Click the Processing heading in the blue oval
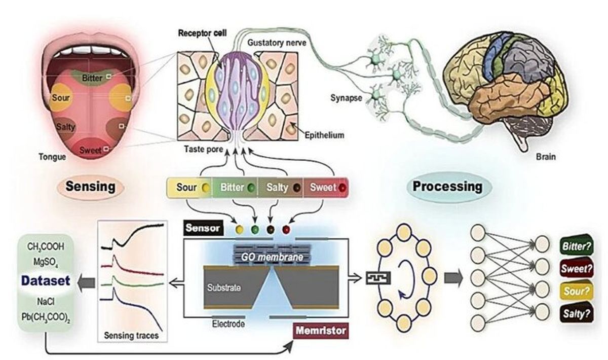(x=447, y=186)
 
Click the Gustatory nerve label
(x=276, y=42)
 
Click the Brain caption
(x=545, y=157)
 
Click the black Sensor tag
(x=201, y=228)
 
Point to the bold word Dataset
(x=45, y=280)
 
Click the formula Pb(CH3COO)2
(x=46, y=318)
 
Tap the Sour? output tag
(x=576, y=291)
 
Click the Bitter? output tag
(x=576, y=247)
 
